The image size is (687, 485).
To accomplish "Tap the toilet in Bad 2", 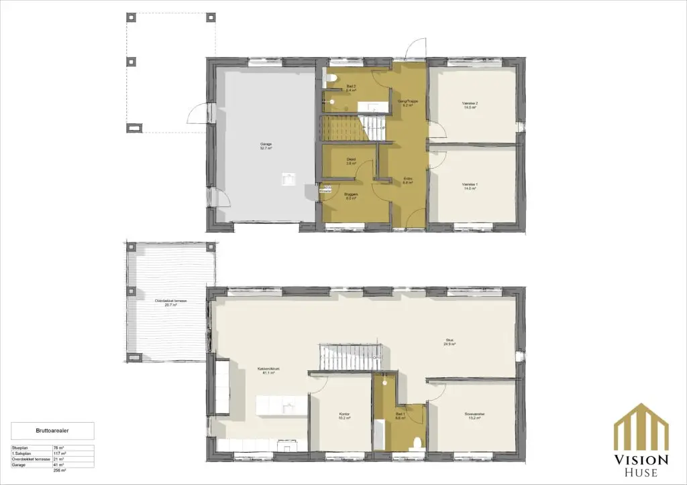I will pyautogui.click(x=332, y=80).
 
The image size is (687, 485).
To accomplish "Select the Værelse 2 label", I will pyautogui.click(x=470, y=104).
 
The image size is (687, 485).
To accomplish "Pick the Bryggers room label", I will pyautogui.click(x=350, y=195).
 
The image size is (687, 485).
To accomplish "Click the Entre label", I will pyautogui.click(x=407, y=179).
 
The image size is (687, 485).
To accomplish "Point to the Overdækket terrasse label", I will pyautogui.click(x=170, y=301).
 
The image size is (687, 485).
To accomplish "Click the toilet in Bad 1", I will pyautogui.click(x=417, y=443).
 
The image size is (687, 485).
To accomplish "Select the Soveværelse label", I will pyautogui.click(x=474, y=415).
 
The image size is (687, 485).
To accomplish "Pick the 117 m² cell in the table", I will pyautogui.click(x=57, y=453).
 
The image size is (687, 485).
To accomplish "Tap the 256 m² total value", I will pyautogui.click(x=57, y=470).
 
